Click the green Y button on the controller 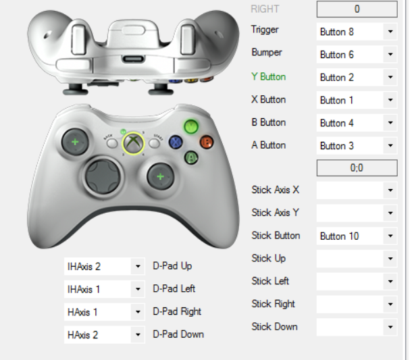tap(192, 126)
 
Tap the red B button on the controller tap(207, 142)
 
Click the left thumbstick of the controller tap(74, 142)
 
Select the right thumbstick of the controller tap(160, 177)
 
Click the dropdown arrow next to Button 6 tap(390, 55)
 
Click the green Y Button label tap(268, 77)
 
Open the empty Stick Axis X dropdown tap(357, 190)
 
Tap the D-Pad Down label tap(178, 334)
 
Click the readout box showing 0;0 tap(357, 168)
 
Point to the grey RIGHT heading tap(264, 9)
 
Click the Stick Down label tap(274, 327)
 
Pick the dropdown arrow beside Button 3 tap(390, 146)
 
